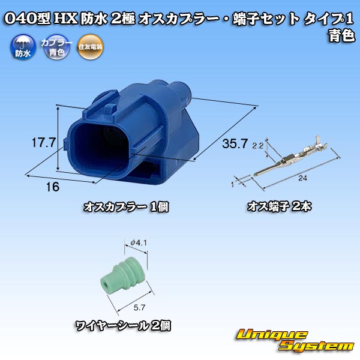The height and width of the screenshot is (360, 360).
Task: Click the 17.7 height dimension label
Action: (x=44, y=143)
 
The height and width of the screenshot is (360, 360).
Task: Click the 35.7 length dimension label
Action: (x=235, y=143)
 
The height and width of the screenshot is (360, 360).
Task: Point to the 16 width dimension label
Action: (x=53, y=187)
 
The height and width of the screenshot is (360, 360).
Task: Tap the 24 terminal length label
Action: (x=302, y=178)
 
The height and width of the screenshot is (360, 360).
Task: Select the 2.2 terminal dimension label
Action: (x=257, y=146)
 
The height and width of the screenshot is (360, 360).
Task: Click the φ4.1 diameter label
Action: (x=139, y=242)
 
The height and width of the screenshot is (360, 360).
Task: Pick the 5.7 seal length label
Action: (x=139, y=307)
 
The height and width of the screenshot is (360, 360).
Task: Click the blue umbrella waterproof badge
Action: (x=23, y=47)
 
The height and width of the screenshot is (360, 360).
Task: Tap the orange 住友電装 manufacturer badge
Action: (x=90, y=47)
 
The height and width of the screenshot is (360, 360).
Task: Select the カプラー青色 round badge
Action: (x=56, y=47)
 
